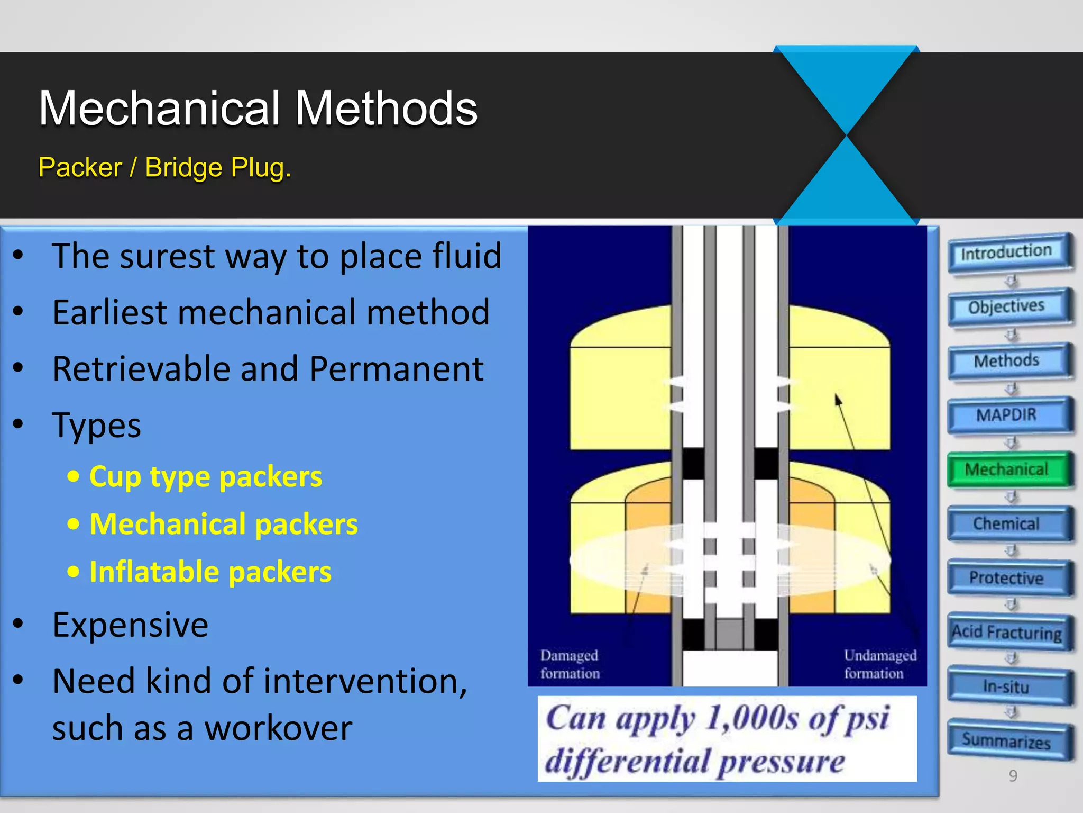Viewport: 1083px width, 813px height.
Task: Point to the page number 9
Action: (x=1013, y=776)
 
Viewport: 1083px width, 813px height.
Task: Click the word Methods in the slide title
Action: (x=386, y=109)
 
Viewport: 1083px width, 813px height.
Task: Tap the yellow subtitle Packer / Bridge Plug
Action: (x=164, y=168)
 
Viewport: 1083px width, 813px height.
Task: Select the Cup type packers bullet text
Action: (x=205, y=476)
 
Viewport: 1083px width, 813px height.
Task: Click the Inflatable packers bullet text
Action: (x=210, y=572)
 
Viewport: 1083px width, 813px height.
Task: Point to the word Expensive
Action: (x=130, y=625)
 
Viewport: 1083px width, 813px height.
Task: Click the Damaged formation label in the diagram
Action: (x=570, y=664)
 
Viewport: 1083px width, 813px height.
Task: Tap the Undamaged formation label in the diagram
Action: (x=879, y=664)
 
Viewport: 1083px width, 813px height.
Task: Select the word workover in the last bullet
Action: (x=278, y=728)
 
